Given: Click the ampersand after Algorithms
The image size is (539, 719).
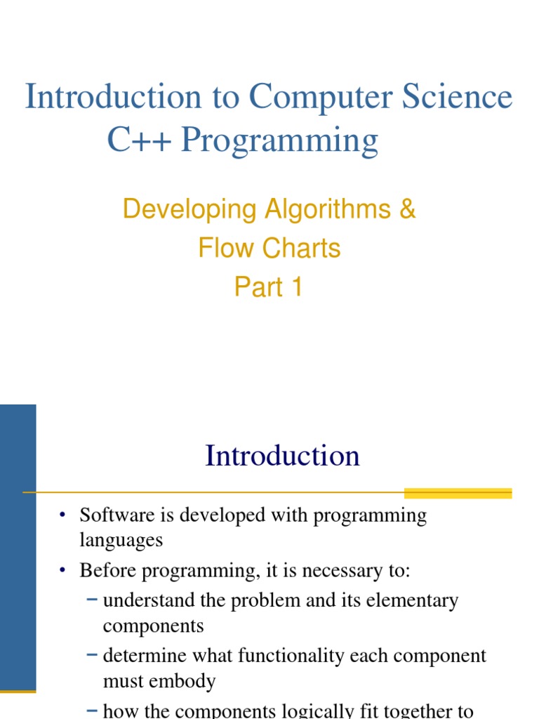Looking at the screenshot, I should (406, 209).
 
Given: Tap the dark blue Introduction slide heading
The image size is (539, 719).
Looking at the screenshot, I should (282, 456).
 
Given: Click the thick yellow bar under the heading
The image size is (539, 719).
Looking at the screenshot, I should (458, 492).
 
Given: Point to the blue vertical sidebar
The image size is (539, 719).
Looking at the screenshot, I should (18, 548).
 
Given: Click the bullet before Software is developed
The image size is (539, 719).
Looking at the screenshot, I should (62, 516).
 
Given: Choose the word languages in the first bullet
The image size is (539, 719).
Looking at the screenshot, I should (121, 541).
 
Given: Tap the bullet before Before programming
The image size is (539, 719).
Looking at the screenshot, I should (62, 571).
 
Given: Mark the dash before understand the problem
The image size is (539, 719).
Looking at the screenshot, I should (93, 600).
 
